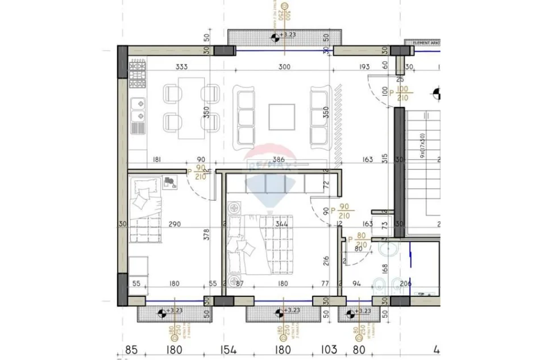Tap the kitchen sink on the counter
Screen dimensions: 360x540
[138, 111]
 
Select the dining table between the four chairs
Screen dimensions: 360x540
[192, 108]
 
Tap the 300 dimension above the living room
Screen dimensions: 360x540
[284, 67]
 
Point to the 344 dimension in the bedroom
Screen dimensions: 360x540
[282, 224]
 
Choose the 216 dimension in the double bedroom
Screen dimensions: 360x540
[326, 260]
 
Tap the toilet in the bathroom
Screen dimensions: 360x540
[379, 286]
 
